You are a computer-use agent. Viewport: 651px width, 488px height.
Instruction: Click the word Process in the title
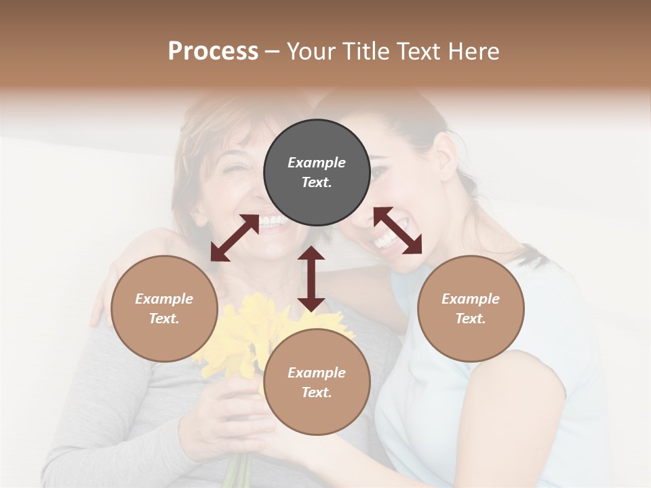[x=213, y=52]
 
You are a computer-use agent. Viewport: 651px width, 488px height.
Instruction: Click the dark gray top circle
[x=317, y=173]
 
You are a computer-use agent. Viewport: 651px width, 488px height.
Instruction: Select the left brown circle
[x=164, y=308]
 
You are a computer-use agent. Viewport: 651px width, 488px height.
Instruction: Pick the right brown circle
[x=471, y=308]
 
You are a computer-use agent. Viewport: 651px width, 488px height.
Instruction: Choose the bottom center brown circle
[x=317, y=382]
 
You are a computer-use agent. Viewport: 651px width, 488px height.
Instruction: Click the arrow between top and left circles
[x=235, y=238]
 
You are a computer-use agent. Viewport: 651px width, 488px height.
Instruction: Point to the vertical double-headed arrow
[x=311, y=279]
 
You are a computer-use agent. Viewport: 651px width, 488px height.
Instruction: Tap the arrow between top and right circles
[x=397, y=230]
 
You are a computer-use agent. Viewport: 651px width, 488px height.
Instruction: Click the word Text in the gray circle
[x=317, y=183]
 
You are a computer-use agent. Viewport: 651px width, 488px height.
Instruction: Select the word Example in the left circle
[x=164, y=299]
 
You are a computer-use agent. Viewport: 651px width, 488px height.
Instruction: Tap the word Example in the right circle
[x=471, y=299]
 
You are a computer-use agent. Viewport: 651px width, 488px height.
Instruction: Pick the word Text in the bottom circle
[x=317, y=392]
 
